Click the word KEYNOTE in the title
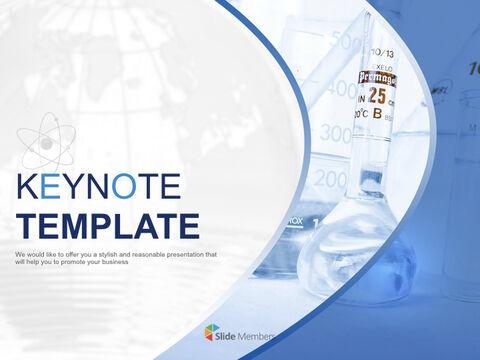[99, 188]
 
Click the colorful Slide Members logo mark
[210, 331]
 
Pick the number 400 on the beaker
[340, 88]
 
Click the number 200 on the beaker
[331, 179]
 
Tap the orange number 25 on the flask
[376, 95]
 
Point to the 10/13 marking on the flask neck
[383, 52]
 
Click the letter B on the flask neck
[377, 113]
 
